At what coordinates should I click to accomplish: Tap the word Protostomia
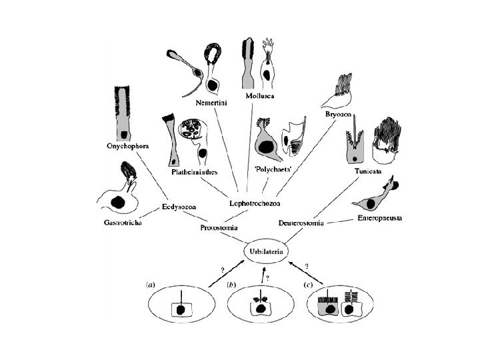[x=219, y=228]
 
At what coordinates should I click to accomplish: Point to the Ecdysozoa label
[x=177, y=208]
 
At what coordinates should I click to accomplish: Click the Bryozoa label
[x=340, y=115]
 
